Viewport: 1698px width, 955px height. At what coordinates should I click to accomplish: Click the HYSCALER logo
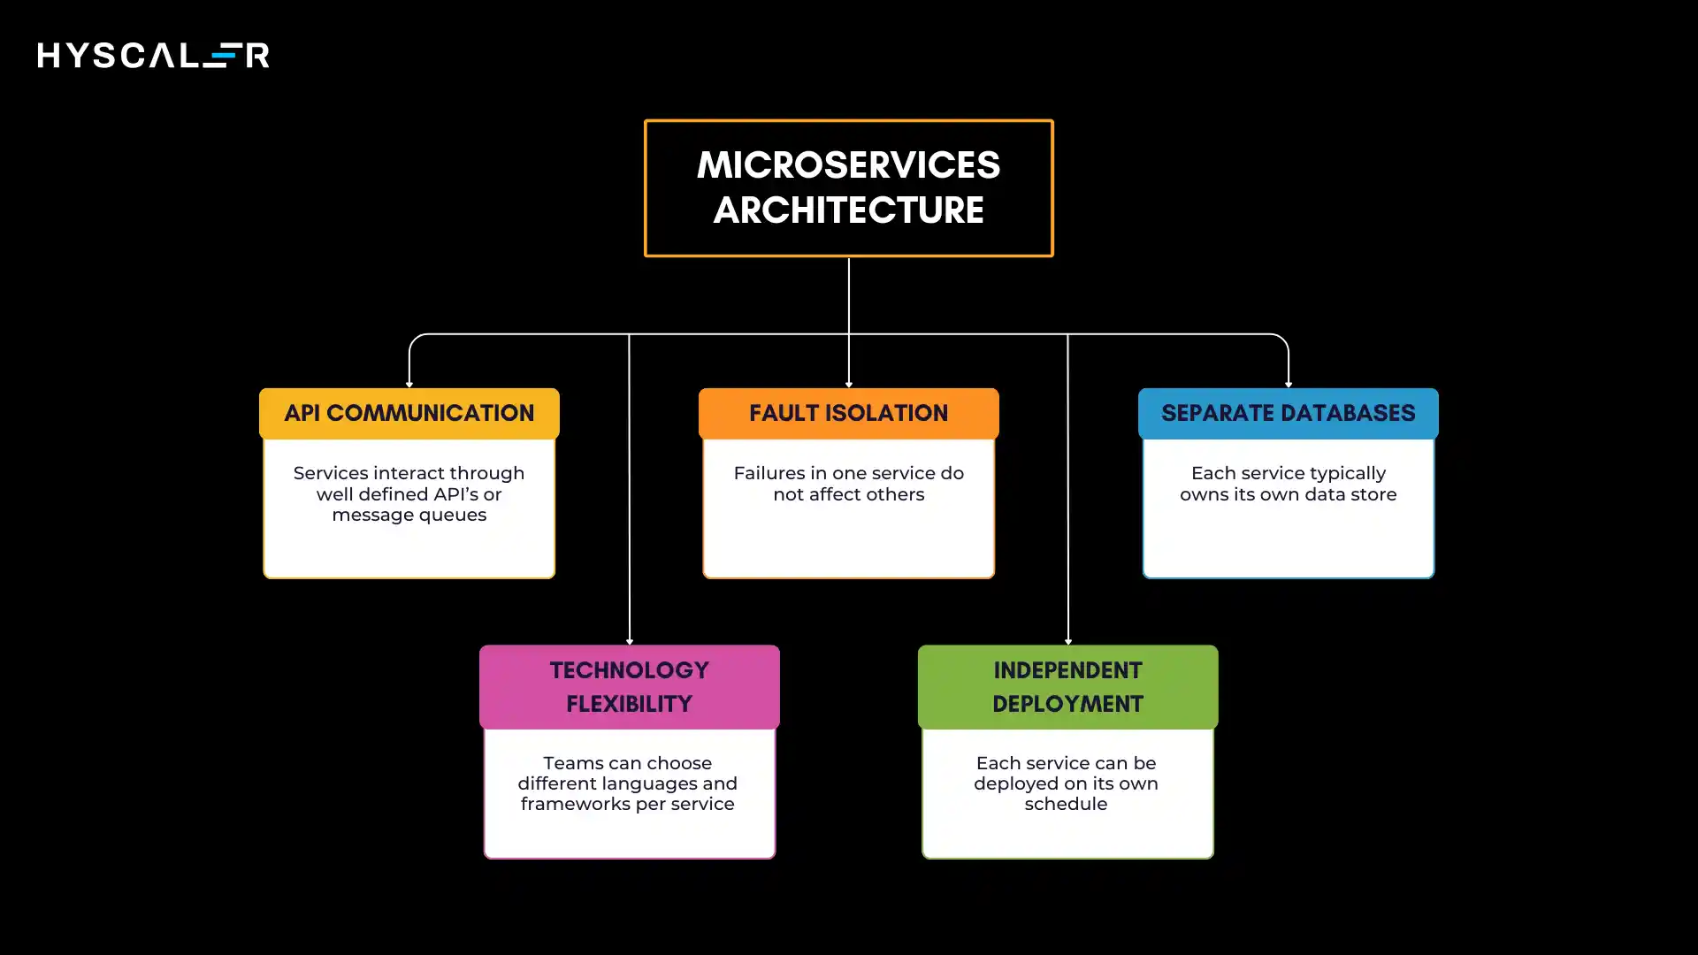pyautogui.click(x=153, y=55)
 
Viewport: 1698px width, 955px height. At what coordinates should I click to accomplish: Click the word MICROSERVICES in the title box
pyautogui.click(x=848, y=165)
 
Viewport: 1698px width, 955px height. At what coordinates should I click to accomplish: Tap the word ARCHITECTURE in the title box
pyautogui.click(x=848, y=210)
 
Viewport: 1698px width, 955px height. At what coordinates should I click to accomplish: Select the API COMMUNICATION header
pyautogui.click(x=409, y=413)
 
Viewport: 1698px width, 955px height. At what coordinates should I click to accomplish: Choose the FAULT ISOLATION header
pyautogui.click(x=848, y=413)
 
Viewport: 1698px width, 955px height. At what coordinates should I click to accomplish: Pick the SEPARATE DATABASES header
pyautogui.click(x=1288, y=413)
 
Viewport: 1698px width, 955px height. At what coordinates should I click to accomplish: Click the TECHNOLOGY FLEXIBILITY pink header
pyautogui.click(x=629, y=686)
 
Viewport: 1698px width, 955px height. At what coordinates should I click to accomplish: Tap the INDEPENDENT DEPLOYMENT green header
pyautogui.click(x=1067, y=686)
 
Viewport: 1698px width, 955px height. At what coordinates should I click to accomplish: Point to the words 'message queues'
pyautogui.click(x=409, y=515)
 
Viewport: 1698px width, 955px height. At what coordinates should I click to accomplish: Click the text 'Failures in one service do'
pyautogui.click(x=848, y=473)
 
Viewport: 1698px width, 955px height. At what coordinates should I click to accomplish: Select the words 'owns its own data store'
pyautogui.click(x=1288, y=494)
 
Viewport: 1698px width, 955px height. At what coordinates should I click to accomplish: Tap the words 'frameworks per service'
pyautogui.click(x=627, y=804)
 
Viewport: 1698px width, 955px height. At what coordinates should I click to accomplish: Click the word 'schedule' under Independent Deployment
pyautogui.click(x=1066, y=804)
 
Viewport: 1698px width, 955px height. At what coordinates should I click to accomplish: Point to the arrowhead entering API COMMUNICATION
pyautogui.click(x=409, y=384)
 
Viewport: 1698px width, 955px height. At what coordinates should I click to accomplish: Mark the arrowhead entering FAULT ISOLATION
pyautogui.click(x=849, y=384)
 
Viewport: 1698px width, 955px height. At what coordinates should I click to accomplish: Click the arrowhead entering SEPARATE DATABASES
pyautogui.click(x=1289, y=384)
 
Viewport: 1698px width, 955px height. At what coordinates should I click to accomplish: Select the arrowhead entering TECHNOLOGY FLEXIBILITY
pyautogui.click(x=630, y=641)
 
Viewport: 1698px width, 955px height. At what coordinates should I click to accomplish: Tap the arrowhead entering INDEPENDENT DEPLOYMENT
pyautogui.click(x=1068, y=641)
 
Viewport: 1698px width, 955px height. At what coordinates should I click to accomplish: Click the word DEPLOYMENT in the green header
pyautogui.click(x=1067, y=704)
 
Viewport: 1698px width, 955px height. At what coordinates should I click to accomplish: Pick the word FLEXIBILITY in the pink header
pyautogui.click(x=629, y=704)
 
